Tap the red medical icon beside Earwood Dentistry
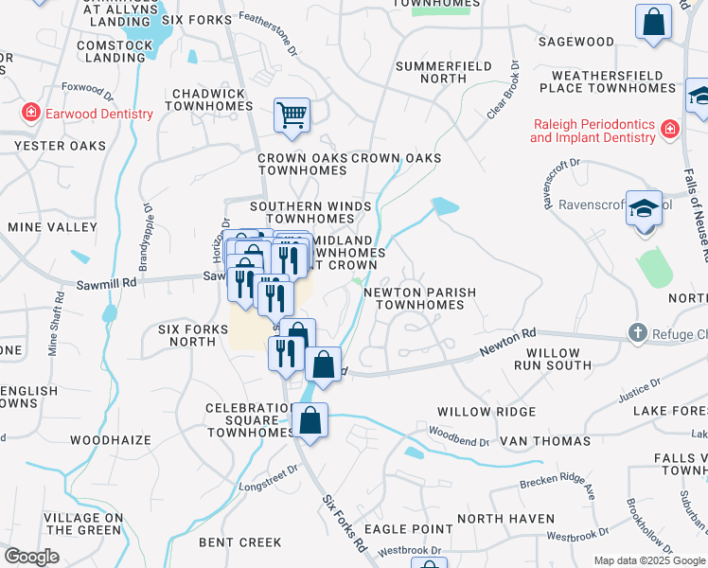pyautogui.click(x=31, y=114)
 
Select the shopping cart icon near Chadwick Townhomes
pyautogui.click(x=292, y=116)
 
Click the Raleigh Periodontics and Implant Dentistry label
pyautogui.click(x=593, y=131)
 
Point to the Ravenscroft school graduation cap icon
pyautogui.click(x=645, y=208)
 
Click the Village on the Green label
pyautogui.click(x=83, y=524)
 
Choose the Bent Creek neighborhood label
pyautogui.click(x=239, y=542)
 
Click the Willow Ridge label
pyautogui.click(x=487, y=412)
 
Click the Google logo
pyautogui.click(x=31, y=557)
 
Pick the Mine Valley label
pyautogui.click(x=52, y=227)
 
